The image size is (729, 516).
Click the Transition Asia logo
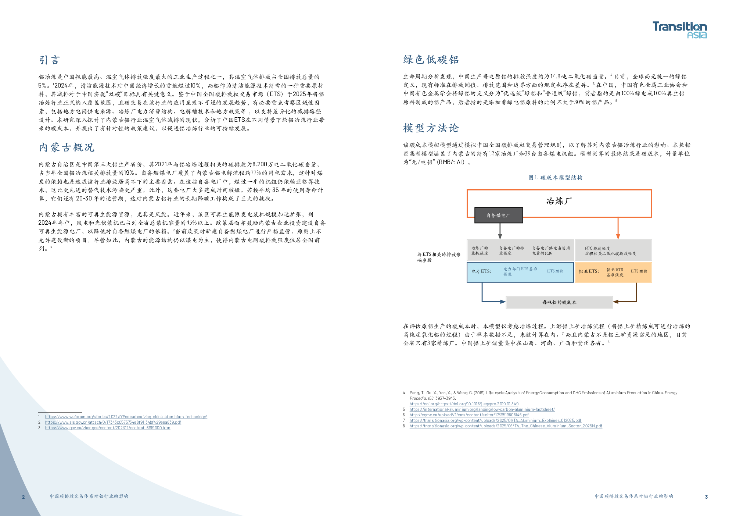[679, 30]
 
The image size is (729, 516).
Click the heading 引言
[50, 60]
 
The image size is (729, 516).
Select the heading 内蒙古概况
[67, 147]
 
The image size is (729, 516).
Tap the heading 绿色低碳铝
[431, 60]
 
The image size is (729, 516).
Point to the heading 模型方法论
[431, 128]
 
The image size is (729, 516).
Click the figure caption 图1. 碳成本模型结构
[555, 178]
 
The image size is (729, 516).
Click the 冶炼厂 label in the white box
[559, 201]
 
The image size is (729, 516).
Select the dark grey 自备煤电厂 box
[498, 216]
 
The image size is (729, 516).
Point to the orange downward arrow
[618, 229]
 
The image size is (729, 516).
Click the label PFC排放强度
[597, 248]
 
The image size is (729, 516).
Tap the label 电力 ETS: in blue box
[481, 271]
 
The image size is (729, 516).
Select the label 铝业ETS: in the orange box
[589, 271]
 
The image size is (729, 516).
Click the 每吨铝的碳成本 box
[559, 302]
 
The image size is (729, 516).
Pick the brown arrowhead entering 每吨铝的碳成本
[616, 302]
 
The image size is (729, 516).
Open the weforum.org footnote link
[126, 417]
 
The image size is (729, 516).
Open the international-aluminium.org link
[482, 409]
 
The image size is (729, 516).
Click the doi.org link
[464, 404]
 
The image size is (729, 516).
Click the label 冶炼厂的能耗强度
[480, 251]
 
